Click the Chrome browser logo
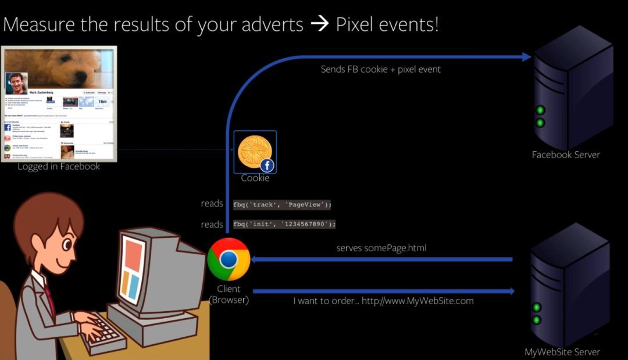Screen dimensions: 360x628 [x=229, y=259]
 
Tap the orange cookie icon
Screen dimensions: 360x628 [x=254, y=151]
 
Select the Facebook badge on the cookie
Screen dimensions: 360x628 [x=267, y=165]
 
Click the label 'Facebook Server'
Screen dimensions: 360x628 [x=565, y=155]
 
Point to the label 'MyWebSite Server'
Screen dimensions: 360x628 [x=562, y=352]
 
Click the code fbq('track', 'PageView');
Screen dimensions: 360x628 [x=283, y=204]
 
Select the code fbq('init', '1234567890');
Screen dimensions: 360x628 [x=285, y=224]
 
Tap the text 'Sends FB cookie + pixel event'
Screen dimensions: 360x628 [x=380, y=69]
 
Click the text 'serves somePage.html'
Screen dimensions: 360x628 [x=381, y=248]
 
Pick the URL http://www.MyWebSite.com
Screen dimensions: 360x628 [x=418, y=301]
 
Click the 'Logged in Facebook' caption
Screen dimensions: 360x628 [x=59, y=167]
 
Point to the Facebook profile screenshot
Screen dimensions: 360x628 [x=59, y=103]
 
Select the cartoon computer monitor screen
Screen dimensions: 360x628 [x=134, y=267]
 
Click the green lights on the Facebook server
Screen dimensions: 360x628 [x=540, y=116]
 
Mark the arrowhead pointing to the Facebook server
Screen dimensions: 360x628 [x=526, y=56]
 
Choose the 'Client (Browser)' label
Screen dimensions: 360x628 [x=229, y=295]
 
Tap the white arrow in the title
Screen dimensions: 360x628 [x=319, y=25]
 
